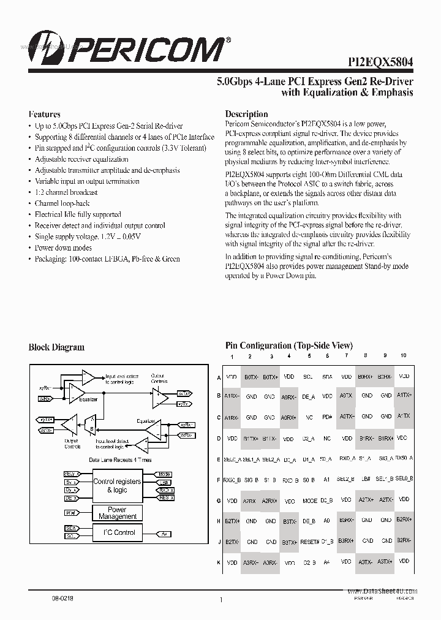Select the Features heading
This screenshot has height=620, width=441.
click(45, 114)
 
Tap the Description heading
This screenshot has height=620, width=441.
click(246, 114)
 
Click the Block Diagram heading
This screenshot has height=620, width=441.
click(56, 347)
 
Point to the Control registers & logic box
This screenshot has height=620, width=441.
click(116, 486)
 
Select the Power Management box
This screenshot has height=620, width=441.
click(117, 513)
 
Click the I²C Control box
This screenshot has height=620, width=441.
click(117, 533)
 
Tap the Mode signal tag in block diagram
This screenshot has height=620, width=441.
click(164, 474)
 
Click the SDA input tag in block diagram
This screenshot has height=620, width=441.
click(70, 527)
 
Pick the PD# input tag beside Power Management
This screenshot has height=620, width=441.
click(70, 512)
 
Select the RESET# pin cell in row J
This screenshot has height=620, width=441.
click(310, 542)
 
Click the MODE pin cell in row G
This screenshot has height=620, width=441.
click(310, 501)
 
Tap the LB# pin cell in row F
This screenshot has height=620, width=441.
click(366, 479)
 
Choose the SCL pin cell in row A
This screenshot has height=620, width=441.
click(309, 377)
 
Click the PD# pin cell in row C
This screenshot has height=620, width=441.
click(328, 417)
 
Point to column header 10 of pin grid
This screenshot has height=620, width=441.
click(403, 356)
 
